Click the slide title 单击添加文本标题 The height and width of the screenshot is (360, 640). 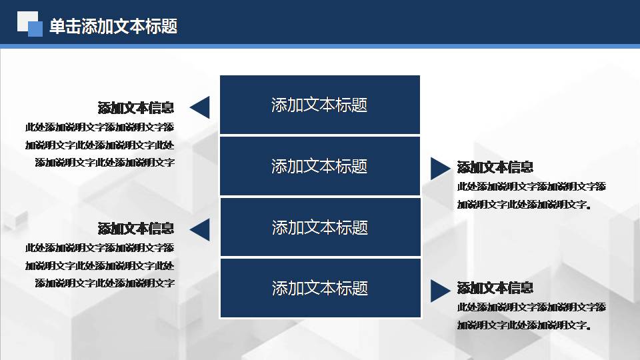[113, 27]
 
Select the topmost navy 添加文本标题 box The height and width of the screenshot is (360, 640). [319, 105]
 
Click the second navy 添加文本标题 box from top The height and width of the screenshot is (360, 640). [319, 166]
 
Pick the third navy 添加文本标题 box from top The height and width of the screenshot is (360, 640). [319, 227]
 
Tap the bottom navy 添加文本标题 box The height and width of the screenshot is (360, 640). [319, 288]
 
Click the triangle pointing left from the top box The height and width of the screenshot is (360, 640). [201, 107]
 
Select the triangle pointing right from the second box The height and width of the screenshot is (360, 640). [439, 168]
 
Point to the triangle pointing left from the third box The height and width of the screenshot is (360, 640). [201, 230]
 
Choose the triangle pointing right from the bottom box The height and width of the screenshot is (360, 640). [439, 291]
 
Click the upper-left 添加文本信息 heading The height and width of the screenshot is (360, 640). [136, 108]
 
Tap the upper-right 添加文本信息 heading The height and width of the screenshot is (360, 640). [495, 167]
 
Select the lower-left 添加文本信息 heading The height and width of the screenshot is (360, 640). [136, 229]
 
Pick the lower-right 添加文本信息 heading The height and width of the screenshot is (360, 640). [495, 288]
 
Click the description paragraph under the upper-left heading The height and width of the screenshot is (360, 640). [100, 144]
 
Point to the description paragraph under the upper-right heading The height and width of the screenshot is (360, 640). [531, 195]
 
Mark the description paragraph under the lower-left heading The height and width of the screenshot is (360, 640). [100, 265]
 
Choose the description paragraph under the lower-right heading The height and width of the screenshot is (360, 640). [531, 317]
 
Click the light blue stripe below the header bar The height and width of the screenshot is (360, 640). [320, 46]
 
